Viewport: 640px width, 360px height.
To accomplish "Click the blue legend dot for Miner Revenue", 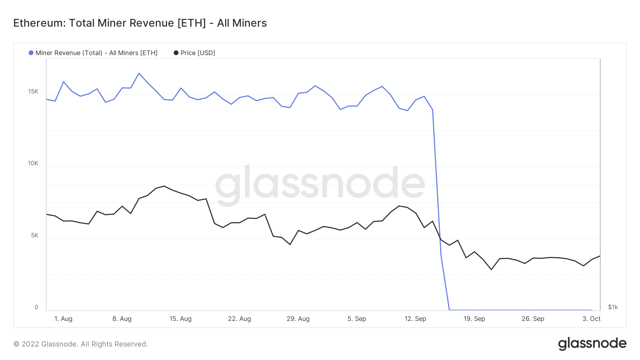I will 31,53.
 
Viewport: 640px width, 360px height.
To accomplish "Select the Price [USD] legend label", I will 197,53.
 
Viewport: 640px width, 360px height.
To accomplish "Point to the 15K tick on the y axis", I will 33,92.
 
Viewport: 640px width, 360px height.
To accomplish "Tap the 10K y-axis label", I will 33,163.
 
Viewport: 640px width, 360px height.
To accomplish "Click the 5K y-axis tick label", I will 34,236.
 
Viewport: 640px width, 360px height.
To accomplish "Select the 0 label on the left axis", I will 36,307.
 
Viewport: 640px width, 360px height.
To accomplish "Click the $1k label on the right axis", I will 613,307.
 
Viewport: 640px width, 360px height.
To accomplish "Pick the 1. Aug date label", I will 63,319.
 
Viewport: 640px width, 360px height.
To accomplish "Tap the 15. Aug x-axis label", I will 181,319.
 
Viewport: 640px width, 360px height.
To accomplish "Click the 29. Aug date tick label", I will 298,319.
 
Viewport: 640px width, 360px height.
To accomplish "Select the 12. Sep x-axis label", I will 415,319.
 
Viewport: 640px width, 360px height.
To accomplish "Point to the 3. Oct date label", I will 592,319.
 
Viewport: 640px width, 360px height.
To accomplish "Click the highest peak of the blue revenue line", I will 139,73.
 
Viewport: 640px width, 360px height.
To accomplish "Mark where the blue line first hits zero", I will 449,310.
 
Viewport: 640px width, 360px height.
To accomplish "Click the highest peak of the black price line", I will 164,186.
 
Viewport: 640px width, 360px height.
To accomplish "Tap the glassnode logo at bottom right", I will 592,344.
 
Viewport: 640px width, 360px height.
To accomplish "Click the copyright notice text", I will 80,344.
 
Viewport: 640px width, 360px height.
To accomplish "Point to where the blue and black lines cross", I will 440,237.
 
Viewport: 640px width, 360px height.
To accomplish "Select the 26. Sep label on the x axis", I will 533,319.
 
